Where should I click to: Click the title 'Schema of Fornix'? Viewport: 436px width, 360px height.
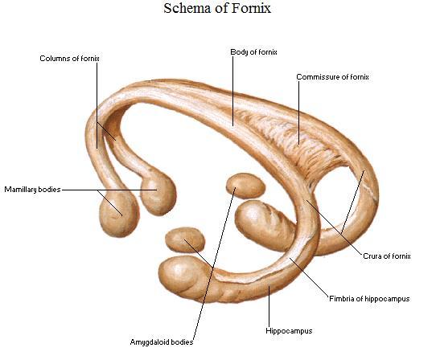217,8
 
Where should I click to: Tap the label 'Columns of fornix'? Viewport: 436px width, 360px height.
69,59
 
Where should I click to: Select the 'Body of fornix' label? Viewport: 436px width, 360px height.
253,52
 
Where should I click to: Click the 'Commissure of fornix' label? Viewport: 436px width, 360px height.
332,77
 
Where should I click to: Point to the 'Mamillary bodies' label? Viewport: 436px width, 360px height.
32,190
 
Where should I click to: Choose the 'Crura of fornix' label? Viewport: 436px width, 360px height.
387,256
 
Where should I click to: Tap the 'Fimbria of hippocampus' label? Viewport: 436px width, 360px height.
369,299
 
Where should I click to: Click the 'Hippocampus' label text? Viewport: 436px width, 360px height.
289,331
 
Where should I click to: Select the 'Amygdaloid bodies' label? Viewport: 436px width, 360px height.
162,342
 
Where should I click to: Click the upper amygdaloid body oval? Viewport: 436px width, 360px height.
245,186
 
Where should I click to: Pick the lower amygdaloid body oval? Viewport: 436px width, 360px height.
185,239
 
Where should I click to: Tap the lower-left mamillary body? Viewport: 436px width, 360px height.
119,213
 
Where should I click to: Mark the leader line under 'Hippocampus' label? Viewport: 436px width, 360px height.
269,306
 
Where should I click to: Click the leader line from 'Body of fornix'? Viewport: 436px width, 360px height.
233,91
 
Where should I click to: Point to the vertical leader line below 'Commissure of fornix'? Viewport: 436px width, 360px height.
299,112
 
